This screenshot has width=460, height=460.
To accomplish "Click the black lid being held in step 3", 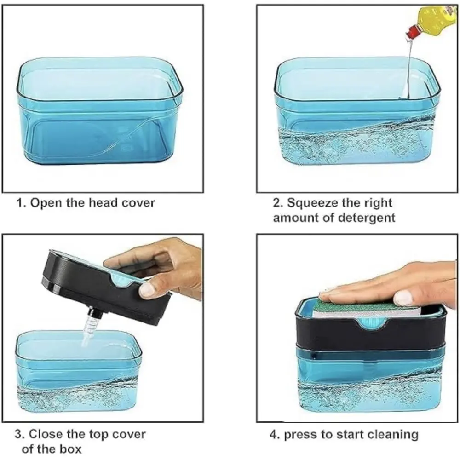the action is (x=106, y=286).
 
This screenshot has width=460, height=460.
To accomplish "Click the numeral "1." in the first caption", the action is (x=21, y=203).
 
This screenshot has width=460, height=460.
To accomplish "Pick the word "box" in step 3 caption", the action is (x=70, y=449).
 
